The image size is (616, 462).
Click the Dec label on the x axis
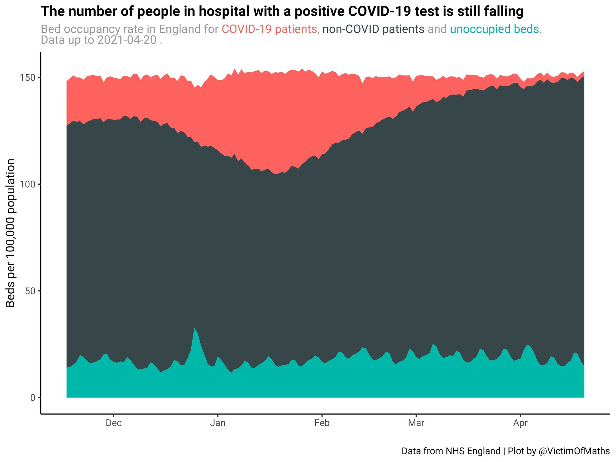pos(113,423)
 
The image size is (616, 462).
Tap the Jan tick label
pos(217,423)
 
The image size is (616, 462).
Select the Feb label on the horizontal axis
pos(322,423)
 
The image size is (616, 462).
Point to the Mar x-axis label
pos(416,423)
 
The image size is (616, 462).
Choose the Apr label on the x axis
pos(520,423)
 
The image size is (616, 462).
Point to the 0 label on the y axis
pos(32,398)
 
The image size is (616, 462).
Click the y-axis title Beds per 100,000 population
pos(11,233)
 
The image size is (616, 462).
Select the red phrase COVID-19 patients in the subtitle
pos(269,29)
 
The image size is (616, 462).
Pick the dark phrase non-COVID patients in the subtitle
pos(373,29)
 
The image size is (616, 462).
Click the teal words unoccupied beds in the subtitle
pos(494,29)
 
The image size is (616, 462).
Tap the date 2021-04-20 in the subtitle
pos(127,40)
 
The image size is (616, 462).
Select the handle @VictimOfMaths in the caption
pos(574,451)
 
